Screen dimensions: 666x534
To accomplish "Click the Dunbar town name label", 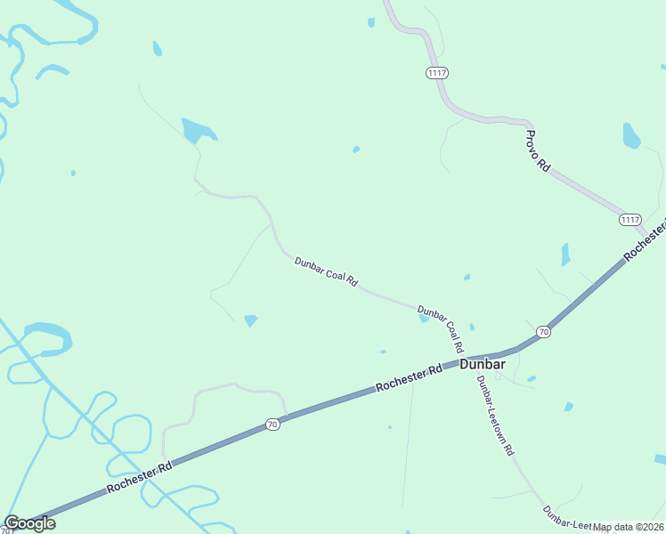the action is coord(483,364).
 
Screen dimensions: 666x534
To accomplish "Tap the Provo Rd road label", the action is coord(538,151).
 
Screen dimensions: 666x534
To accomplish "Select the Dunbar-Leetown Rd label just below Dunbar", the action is coord(495,416).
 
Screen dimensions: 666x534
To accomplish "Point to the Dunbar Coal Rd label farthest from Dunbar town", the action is coord(326,271).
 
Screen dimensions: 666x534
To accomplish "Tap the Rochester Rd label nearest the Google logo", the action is coord(139,476).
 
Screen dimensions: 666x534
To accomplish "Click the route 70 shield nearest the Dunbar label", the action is coord(543,332).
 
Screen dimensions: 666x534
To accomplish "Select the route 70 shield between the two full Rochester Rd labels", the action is coord(272,425).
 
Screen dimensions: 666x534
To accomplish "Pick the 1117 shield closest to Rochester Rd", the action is coord(630,219).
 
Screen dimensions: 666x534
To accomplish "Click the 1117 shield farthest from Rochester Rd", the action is coord(436,73).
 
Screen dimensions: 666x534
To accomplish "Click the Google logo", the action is coord(29,522).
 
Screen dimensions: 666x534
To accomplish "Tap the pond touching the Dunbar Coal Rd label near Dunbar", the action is coord(425,318).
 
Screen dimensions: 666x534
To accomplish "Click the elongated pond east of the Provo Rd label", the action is coord(631,135).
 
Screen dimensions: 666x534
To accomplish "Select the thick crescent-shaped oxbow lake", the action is coord(49,336).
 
